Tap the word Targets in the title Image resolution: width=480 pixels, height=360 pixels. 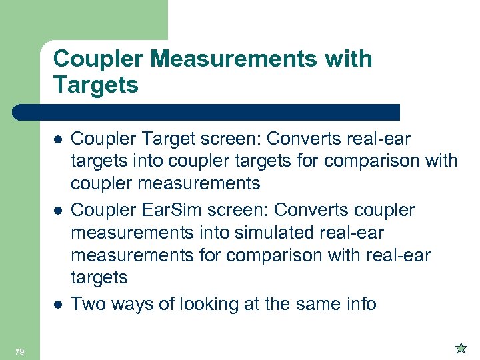(x=95, y=85)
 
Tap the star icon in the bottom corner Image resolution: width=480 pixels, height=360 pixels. (x=461, y=347)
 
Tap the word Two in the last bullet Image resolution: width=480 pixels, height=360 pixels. (x=87, y=304)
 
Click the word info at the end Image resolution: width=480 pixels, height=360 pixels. (x=359, y=304)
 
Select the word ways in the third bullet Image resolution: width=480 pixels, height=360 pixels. (x=130, y=305)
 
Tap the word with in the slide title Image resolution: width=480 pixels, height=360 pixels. (x=351, y=59)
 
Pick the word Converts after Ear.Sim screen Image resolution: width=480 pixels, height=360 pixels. (x=307, y=211)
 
